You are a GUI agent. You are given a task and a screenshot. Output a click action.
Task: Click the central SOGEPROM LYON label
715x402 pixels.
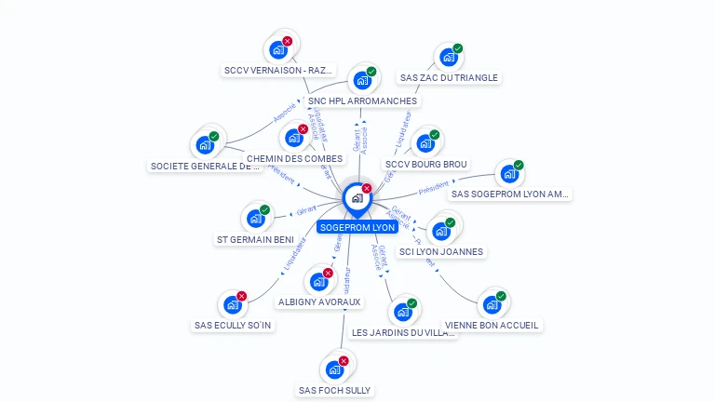pyautogui.click(x=357, y=227)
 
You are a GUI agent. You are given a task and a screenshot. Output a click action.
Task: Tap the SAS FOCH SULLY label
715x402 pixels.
pyautogui.click(x=334, y=390)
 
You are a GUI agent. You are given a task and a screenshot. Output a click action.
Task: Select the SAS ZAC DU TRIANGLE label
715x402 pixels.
pyautogui.click(x=448, y=78)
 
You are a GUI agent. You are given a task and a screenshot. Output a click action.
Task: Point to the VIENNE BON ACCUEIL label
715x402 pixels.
pyautogui.click(x=492, y=326)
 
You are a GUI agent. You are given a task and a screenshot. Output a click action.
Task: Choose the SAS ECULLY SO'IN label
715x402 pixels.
pyautogui.click(x=232, y=326)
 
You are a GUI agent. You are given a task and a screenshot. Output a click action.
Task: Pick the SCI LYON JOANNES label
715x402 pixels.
pyautogui.click(x=441, y=251)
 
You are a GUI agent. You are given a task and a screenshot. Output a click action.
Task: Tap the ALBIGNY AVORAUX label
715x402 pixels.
pyautogui.click(x=319, y=302)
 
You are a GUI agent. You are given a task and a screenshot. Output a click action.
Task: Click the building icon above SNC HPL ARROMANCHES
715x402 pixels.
pyautogui.click(x=361, y=81)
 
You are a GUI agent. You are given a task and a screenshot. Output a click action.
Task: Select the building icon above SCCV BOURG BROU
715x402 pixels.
pyautogui.click(x=425, y=144)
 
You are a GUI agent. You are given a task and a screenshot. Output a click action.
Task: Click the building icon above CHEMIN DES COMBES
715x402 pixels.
pyautogui.click(x=294, y=139)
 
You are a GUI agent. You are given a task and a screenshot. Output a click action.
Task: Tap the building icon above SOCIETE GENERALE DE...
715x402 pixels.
pyautogui.click(x=204, y=146)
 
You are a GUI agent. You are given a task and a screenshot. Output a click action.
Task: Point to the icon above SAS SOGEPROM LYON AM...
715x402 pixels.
pyautogui.click(x=508, y=174)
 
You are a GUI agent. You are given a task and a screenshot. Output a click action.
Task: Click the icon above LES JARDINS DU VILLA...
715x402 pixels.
pyautogui.click(x=402, y=313)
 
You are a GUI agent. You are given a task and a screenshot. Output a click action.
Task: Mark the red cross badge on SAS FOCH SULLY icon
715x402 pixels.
pyautogui.click(x=344, y=361)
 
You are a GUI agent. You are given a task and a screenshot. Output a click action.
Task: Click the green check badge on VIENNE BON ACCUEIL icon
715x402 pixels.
pyautogui.click(x=501, y=297)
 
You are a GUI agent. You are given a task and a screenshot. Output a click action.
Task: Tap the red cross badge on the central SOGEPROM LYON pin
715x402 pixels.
pyautogui.click(x=367, y=189)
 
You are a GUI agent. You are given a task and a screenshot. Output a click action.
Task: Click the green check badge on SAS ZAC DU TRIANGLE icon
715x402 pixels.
pyautogui.click(x=458, y=48)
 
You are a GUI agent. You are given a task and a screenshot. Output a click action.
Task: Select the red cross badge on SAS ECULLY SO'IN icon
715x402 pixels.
pyautogui.click(x=242, y=296)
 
